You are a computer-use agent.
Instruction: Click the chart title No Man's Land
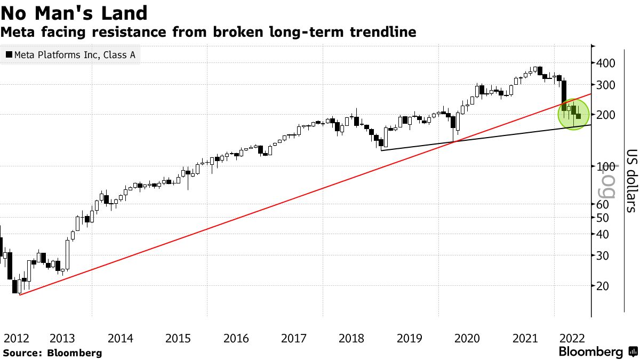pyautogui.click(x=75, y=12)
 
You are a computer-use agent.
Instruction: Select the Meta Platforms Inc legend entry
pyautogui.click(x=70, y=54)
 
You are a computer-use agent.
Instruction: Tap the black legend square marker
pyautogui.click(x=9, y=54)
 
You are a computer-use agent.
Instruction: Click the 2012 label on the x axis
pyautogui.click(x=16, y=338)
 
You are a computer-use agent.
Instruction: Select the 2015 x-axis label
pyautogui.click(x=178, y=338)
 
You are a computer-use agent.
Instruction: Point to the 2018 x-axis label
pyautogui.click(x=351, y=338)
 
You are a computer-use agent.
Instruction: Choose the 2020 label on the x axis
pyautogui.click(x=467, y=338)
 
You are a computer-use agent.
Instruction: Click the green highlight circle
pyautogui.click(x=573, y=115)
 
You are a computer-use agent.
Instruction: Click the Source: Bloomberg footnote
pyautogui.click(x=52, y=353)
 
